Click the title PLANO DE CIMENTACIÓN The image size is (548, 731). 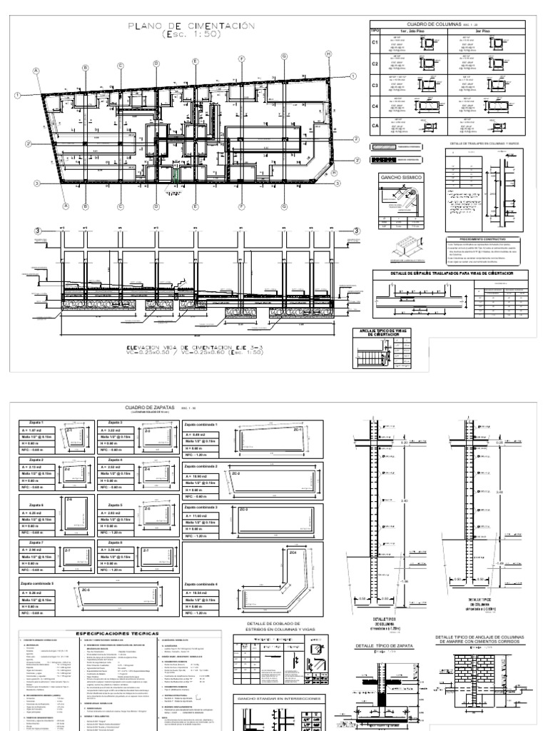[x=191, y=26]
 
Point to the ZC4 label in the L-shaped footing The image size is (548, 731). [x=293, y=552]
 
